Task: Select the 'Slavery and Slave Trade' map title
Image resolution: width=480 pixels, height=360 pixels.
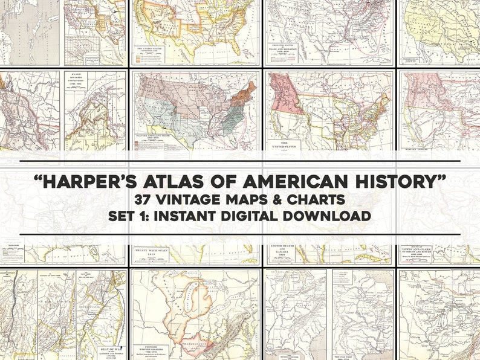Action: (157, 137)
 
